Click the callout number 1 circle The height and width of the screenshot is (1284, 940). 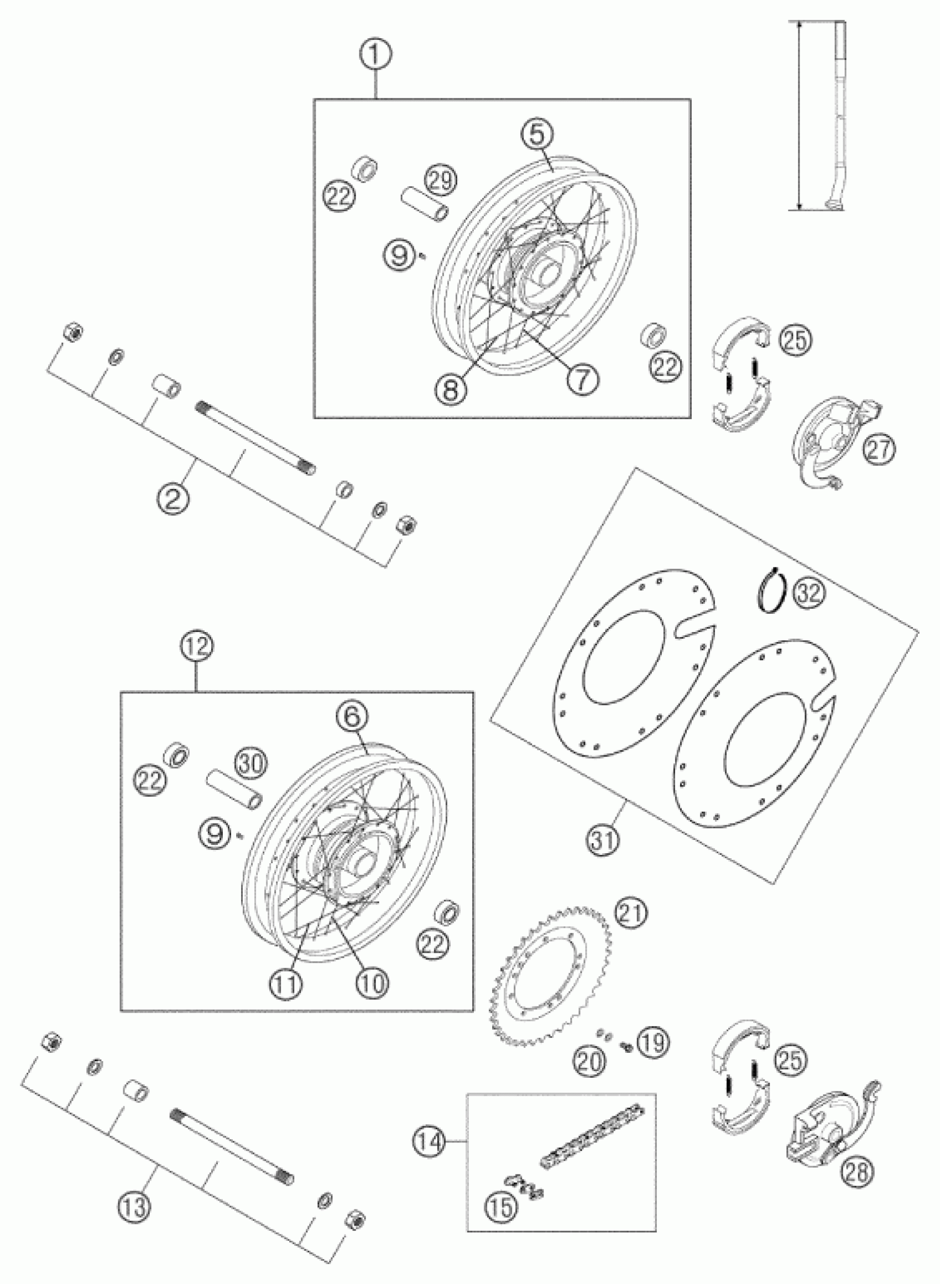click(375, 56)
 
